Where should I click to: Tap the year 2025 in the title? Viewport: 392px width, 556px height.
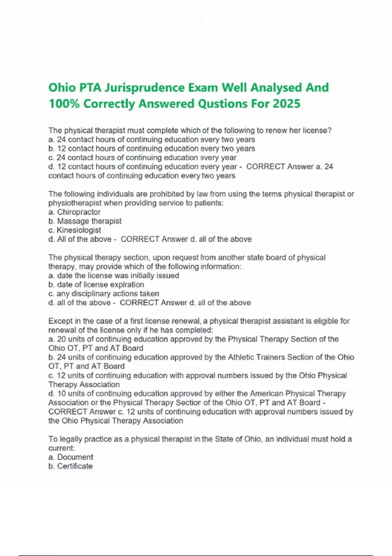click(x=286, y=104)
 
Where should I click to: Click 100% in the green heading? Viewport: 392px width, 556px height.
click(x=64, y=104)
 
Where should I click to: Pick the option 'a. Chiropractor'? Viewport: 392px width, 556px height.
click(x=74, y=212)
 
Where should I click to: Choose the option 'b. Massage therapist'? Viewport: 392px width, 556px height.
click(x=85, y=221)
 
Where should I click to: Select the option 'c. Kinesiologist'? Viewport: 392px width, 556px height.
click(x=75, y=230)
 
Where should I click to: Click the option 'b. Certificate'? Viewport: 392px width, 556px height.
click(x=71, y=466)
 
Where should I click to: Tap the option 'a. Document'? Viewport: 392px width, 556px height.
click(x=71, y=457)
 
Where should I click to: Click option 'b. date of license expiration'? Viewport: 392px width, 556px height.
click(x=96, y=285)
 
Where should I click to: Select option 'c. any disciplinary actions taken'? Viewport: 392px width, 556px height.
click(x=104, y=294)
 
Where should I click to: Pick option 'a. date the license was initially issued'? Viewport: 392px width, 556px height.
click(x=114, y=275)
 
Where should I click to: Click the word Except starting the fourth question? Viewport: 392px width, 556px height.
click(x=60, y=321)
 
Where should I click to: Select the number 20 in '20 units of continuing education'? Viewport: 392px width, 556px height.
click(x=61, y=339)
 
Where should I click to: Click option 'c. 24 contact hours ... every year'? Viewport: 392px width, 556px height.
click(x=142, y=158)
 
